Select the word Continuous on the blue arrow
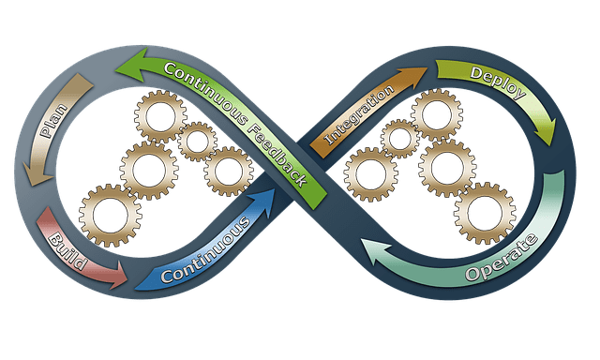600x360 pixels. point(204,250)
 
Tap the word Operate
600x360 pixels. point(502,259)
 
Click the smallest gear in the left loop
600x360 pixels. point(197,142)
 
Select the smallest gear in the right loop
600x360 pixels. point(400,140)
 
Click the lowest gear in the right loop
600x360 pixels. point(484,212)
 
